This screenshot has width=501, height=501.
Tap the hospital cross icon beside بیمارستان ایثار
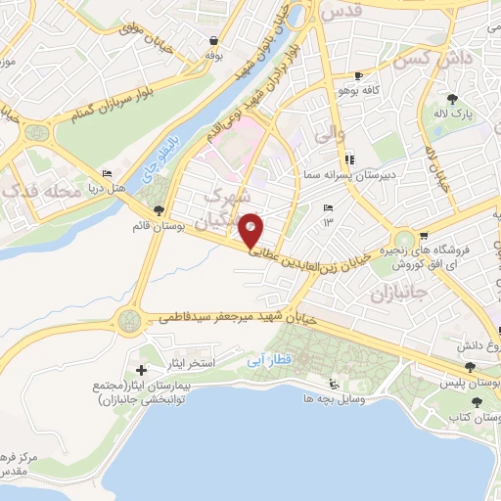tap(142, 371)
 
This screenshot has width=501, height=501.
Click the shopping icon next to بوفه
tap(212, 41)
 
